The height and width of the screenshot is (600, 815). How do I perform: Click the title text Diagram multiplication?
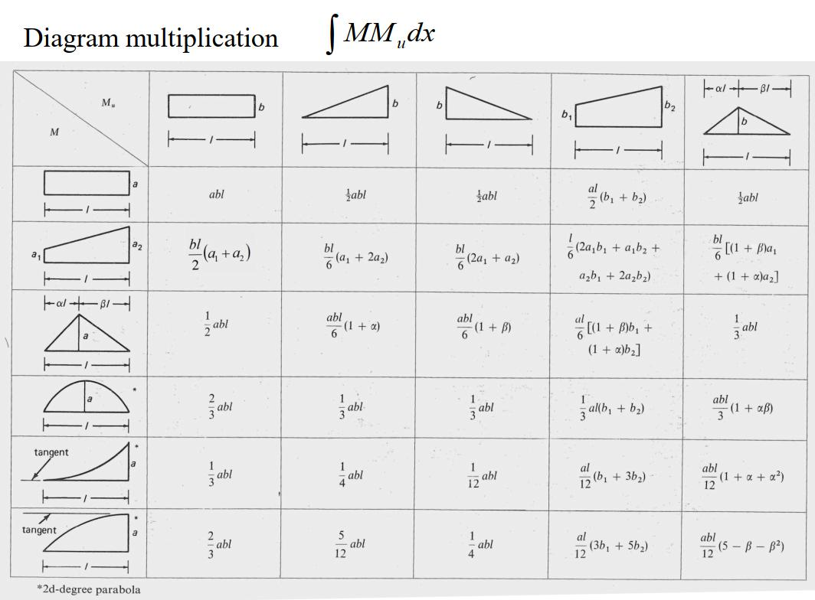coord(151,38)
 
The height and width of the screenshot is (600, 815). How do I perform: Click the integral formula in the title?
coord(380,34)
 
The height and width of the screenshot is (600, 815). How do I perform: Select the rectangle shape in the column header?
coord(211,106)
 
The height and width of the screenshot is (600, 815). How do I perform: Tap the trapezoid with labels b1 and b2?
coord(618,107)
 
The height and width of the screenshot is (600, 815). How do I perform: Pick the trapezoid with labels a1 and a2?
coord(87,245)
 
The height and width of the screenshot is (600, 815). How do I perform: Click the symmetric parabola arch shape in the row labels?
coord(87,397)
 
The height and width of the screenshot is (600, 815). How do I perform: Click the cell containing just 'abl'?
coord(216,194)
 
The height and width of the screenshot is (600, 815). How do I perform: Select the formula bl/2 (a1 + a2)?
coord(219,254)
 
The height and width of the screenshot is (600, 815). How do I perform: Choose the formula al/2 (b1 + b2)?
coord(617,196)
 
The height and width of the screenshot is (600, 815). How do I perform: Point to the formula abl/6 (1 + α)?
coord(353,325)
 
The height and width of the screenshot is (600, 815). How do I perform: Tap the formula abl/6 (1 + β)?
coord(484,326)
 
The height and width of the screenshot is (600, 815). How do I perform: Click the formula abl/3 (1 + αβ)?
coord(743,407)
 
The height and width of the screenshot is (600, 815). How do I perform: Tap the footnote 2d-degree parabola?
coord(88,589)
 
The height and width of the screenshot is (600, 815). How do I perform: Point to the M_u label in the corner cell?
coord(108,103)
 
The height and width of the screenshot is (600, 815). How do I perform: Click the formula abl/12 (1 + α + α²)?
coord(743,476)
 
